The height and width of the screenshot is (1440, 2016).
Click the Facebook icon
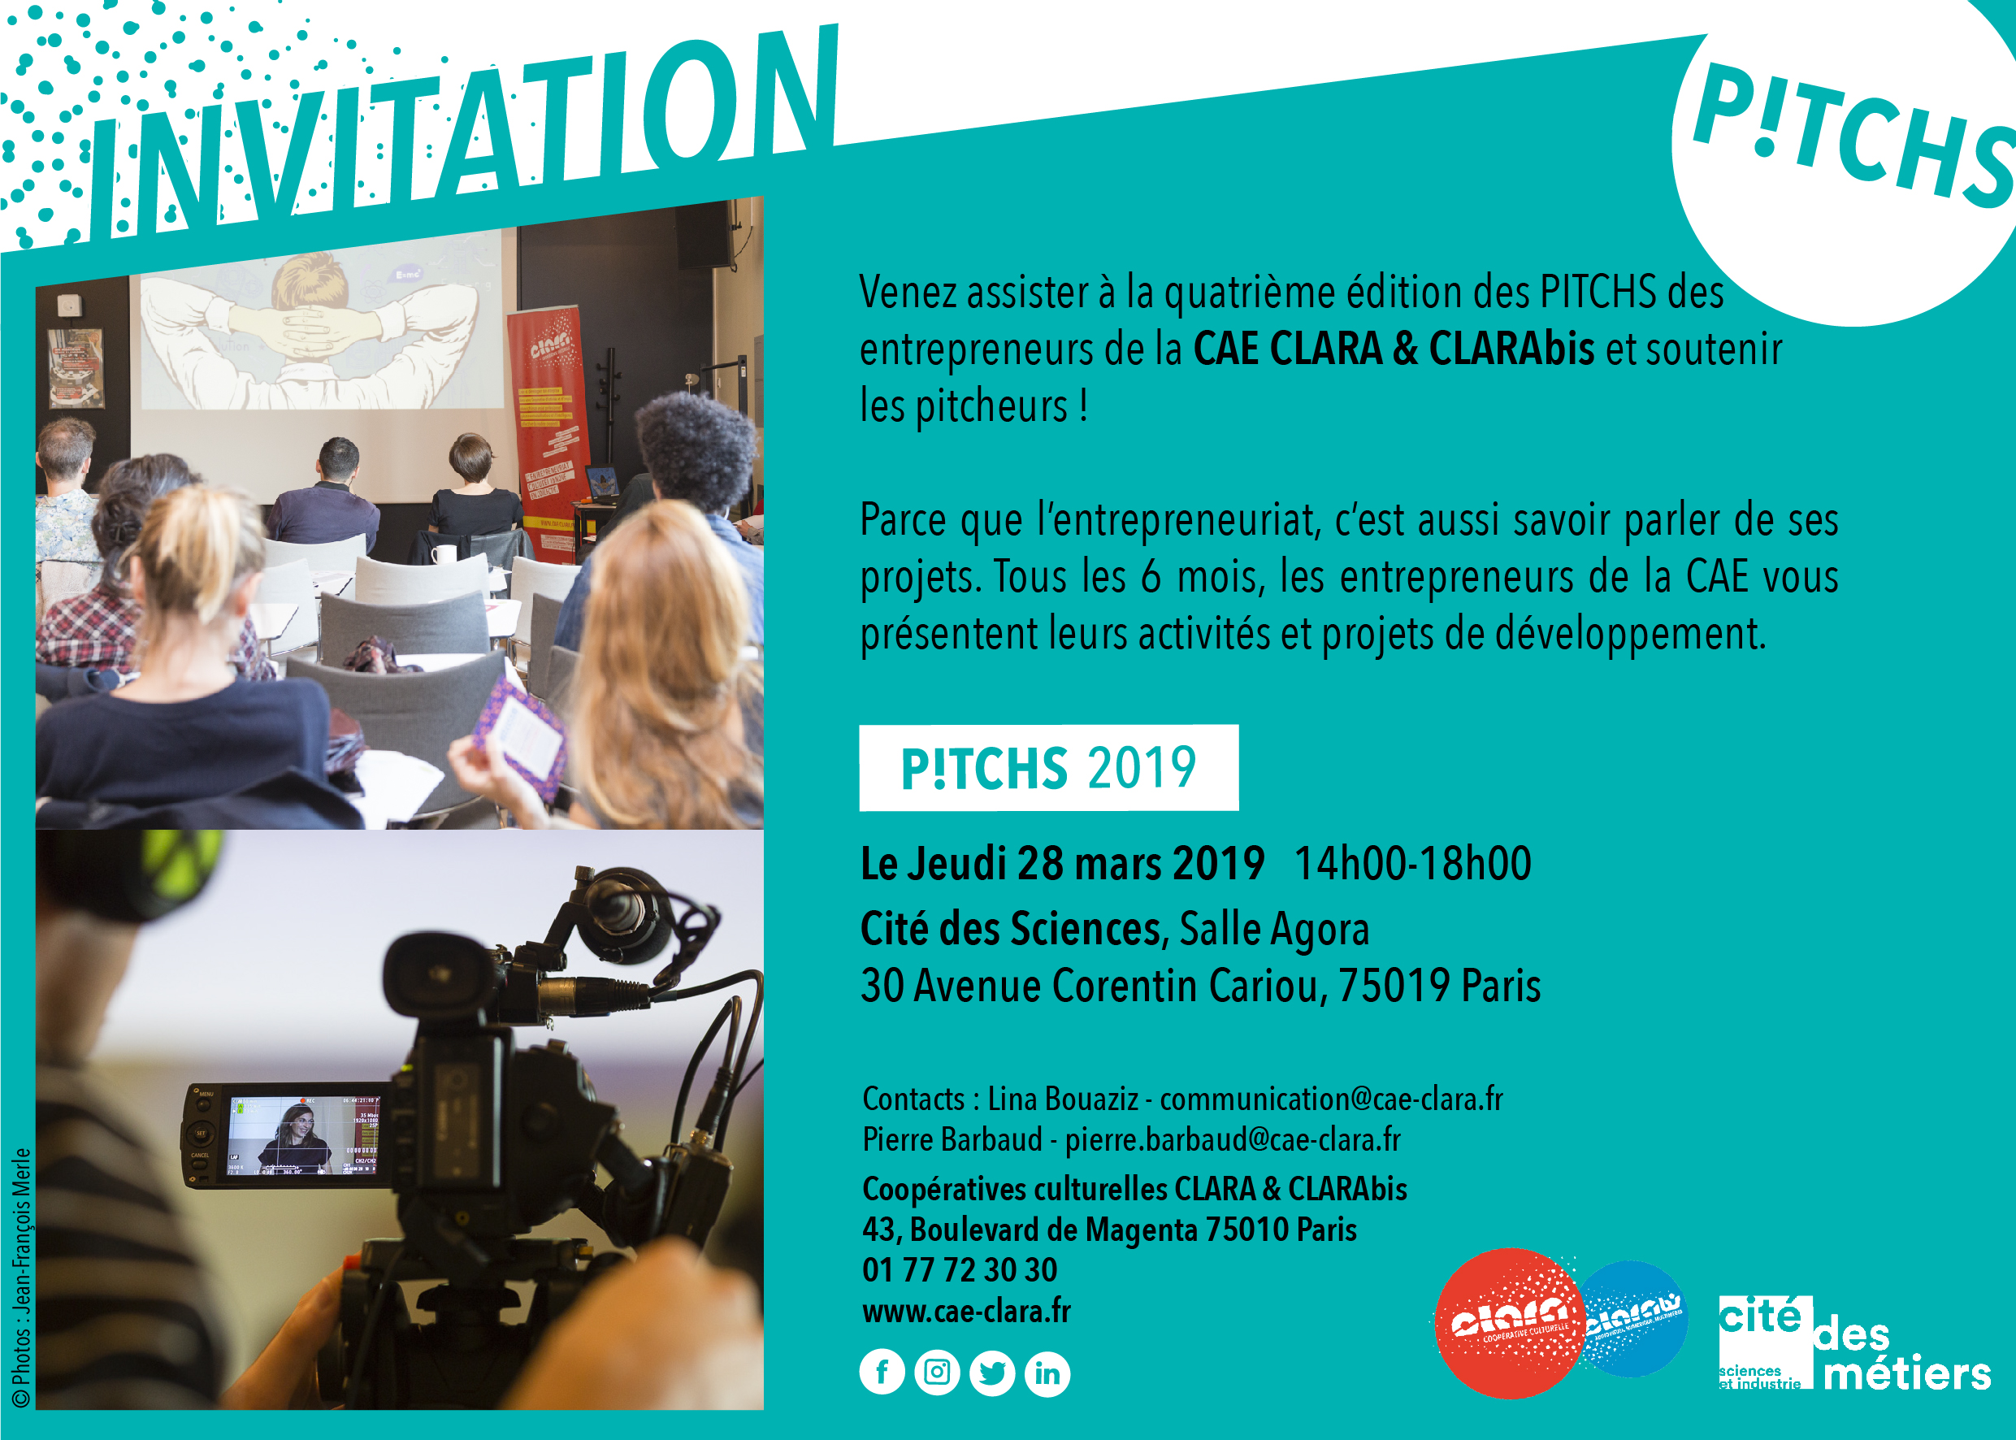click(882, 1373)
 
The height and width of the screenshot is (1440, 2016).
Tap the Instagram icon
click(937, 1373)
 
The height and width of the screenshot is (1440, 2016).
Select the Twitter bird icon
click(992, 1373)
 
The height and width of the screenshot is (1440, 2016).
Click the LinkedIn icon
click(1047, 1373)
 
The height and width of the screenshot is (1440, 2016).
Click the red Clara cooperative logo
click(1509, 1323)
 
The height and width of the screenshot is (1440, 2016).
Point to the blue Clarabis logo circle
click(1633, 1319)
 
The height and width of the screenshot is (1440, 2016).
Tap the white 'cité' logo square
click(1765, 1342)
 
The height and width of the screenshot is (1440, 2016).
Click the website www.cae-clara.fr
click(966, 1311)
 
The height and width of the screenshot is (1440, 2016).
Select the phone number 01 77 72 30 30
click(959, 1270)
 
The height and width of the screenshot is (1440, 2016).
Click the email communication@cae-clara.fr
click(1332, 1100)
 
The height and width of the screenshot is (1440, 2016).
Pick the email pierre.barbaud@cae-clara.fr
click(1233, 1140)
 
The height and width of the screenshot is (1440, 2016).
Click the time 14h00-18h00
click(1413, 864)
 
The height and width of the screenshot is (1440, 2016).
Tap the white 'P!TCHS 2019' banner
click(1049, 768)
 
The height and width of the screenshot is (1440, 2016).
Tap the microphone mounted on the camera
click(621, 913)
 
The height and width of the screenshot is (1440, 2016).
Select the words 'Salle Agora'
click(1275, 930)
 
